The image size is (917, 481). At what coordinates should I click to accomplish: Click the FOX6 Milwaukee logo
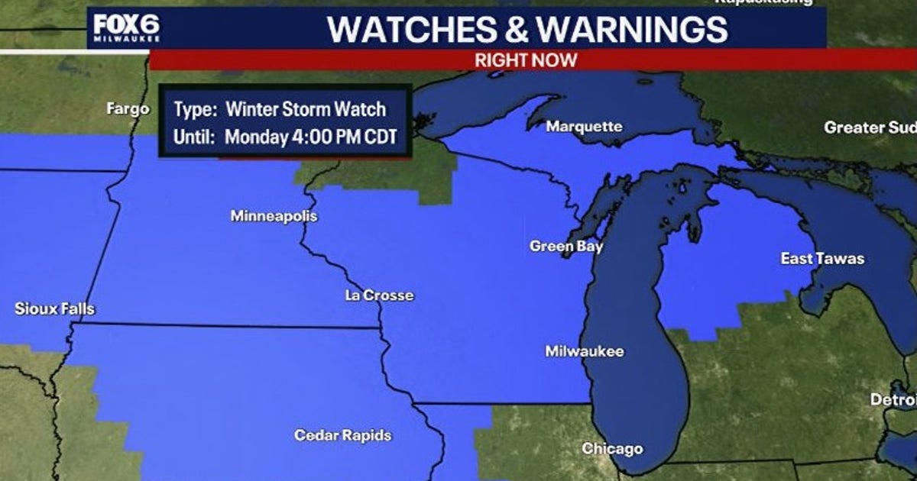pos(127,29)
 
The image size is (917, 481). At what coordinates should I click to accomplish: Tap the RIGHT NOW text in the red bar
pos(526,60)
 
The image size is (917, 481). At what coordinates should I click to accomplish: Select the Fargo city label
pos(128,109)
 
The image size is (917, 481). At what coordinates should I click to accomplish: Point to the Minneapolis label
pos(274,216)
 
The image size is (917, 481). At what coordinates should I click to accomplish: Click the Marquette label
pos(584,126)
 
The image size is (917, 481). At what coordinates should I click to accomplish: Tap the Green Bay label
pos(566,246)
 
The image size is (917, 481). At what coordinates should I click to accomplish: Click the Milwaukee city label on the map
pos(584,351)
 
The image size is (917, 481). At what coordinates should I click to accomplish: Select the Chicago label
pos(612,448)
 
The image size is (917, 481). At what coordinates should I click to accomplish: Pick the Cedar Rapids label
pos(342,435)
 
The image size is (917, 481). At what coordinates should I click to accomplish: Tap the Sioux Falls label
pos(55,309)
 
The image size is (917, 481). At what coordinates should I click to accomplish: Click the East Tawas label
pos(822,259)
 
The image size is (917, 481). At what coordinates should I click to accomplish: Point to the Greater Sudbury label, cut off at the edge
pos(870,128)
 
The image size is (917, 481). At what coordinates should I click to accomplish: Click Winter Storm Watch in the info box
pos(306,109)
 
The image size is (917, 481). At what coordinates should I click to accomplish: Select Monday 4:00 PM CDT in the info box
pos(313,138)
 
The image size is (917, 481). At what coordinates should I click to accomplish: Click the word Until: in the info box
pos(195,138)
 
